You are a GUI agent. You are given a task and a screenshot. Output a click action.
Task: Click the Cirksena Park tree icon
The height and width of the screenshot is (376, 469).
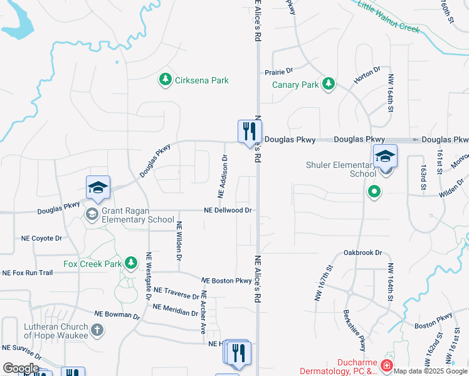165,80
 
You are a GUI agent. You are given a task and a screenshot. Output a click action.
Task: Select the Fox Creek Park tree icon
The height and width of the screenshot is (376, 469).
131,263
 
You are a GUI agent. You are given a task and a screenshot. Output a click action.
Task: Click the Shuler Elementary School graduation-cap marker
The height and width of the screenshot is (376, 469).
385,156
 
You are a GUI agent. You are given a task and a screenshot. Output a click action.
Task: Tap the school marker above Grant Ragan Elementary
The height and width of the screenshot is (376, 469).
98,187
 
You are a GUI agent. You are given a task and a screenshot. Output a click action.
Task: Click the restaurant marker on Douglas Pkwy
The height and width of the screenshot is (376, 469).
249,132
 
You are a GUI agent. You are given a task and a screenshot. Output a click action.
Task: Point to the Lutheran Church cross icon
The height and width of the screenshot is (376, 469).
97,330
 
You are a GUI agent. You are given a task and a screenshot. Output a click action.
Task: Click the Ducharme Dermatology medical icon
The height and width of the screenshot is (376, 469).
387,365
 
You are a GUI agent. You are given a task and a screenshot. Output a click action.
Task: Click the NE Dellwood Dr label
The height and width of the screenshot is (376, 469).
228,211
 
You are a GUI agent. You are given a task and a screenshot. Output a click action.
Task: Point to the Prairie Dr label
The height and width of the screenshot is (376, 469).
279,71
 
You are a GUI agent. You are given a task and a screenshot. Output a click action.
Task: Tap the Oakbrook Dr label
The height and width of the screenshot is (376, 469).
362,253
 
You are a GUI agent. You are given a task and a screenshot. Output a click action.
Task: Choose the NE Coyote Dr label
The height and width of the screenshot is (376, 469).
42,238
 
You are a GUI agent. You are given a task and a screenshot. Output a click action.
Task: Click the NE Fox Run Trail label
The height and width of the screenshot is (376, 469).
28,273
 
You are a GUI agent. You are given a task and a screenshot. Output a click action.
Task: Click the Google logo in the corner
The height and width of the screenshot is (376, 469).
21,368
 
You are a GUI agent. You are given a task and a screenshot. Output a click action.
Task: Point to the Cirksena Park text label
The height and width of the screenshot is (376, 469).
202,80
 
